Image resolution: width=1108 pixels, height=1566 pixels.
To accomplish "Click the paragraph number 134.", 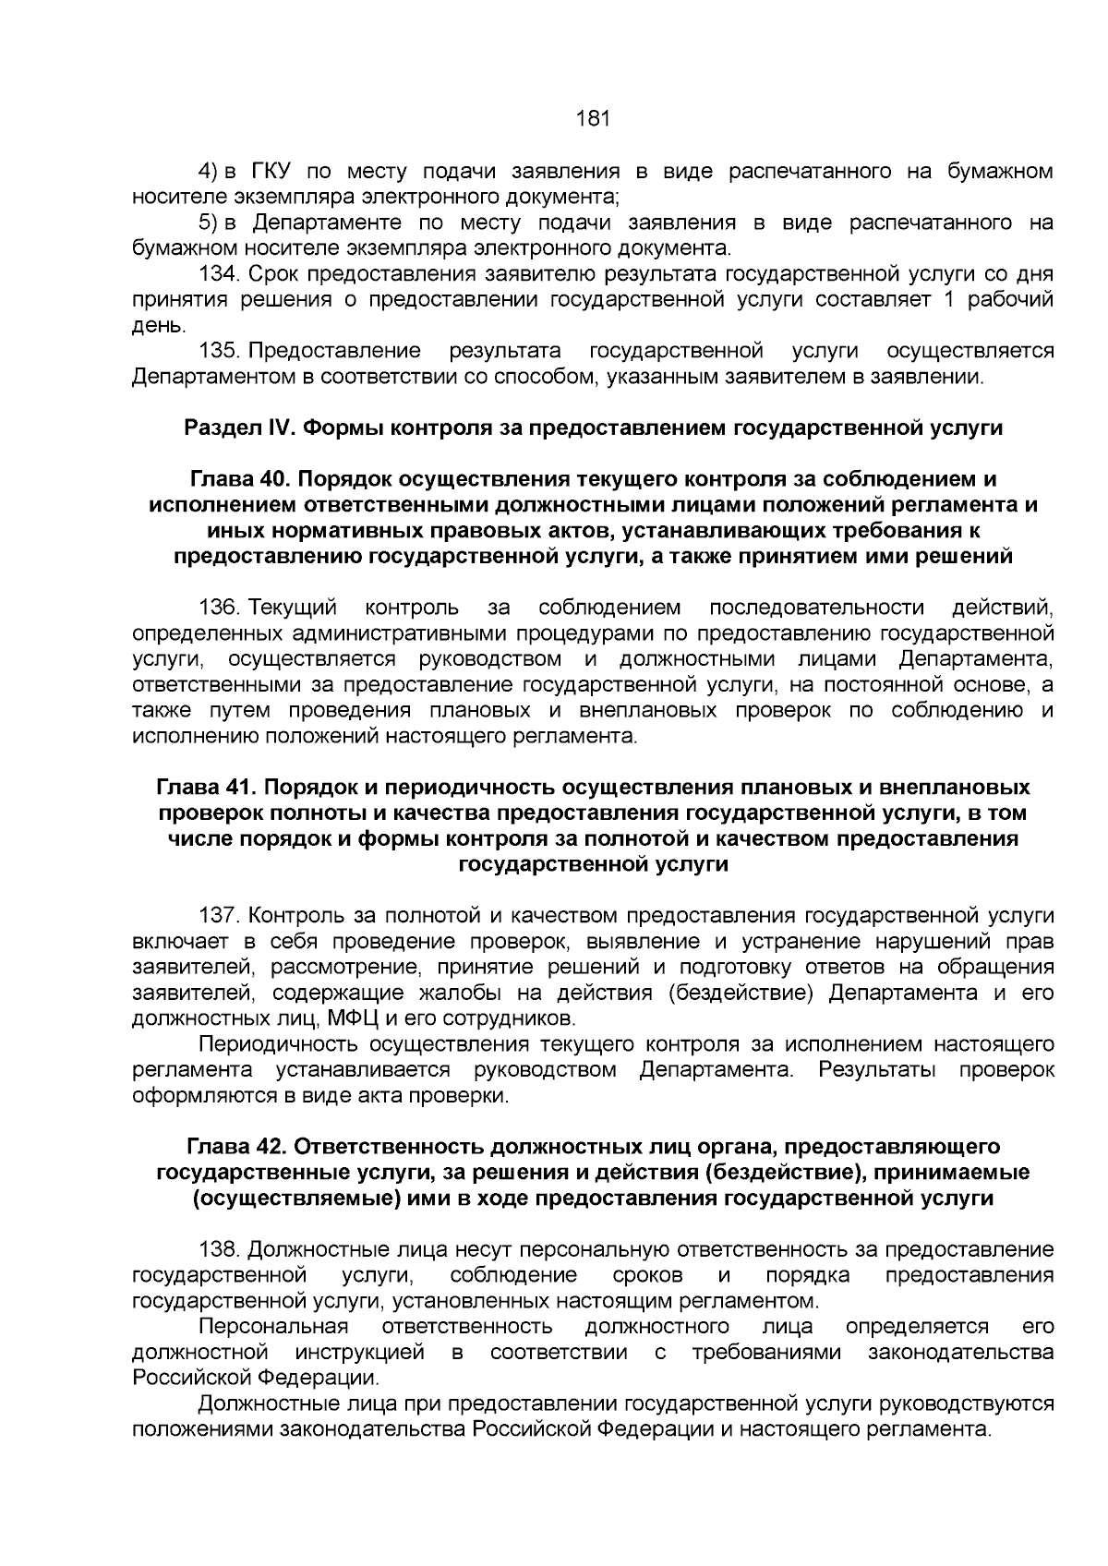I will coord(220,274).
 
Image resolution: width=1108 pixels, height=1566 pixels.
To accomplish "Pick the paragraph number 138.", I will coord(220,1250).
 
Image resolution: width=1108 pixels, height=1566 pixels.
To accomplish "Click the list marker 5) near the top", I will coord(209,223).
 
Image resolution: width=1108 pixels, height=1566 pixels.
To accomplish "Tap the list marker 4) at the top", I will coord(209,171).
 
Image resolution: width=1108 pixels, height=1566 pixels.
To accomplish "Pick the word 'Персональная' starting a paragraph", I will coord(273,1327).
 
